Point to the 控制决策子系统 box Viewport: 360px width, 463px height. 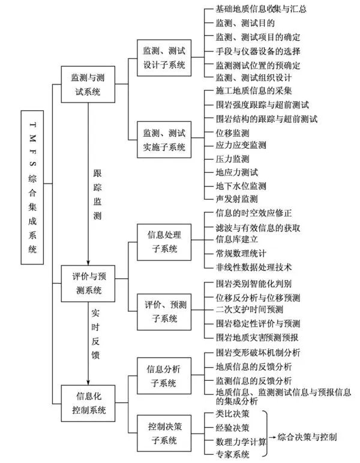pos(164,433)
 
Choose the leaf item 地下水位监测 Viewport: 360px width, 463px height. pos(240,185)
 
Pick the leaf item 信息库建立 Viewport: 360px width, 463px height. pos(236,240)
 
